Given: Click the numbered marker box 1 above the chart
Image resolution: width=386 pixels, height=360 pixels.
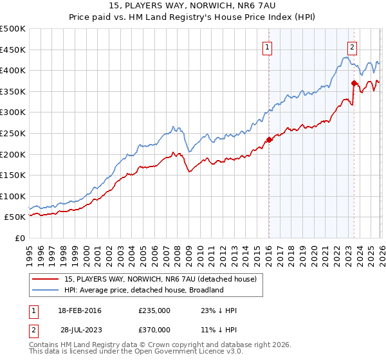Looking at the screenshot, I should (267, 46).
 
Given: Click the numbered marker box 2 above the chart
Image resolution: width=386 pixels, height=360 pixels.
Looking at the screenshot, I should (353, 46).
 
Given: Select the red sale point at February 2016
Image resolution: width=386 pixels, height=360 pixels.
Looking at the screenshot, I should (269, 139).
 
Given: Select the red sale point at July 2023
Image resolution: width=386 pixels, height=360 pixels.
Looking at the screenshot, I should (354, 83).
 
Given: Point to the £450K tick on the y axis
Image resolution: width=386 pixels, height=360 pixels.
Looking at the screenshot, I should (13, 50).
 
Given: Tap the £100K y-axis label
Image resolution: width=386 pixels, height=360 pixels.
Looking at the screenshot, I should (13, 196).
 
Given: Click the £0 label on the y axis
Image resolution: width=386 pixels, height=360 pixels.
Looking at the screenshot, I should (19, 238).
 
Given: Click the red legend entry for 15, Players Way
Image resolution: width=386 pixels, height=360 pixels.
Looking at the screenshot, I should (161, 279).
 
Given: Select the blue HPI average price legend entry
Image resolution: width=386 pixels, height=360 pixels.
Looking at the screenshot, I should (143, 290).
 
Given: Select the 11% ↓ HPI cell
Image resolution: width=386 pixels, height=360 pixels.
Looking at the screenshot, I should (219, 329).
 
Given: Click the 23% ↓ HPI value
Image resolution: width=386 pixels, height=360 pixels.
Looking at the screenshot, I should (219, 310).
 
